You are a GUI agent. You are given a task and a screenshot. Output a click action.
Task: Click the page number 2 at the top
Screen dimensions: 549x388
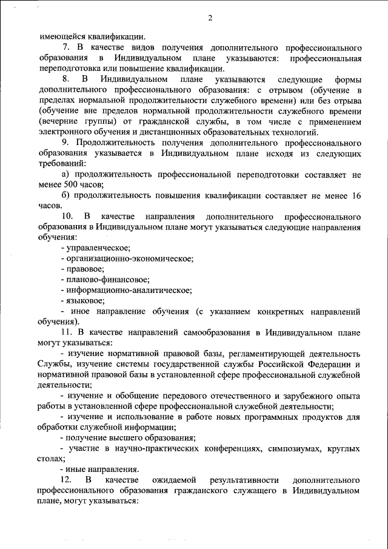click(x=210, y=18)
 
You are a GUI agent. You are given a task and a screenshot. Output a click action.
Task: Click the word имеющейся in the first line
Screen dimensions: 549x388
click(x=64, y=35)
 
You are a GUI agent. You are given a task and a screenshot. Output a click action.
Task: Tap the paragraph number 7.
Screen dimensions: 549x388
click(x=66, y=47)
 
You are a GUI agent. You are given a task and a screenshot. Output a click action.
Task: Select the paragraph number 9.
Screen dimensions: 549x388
click(x=66, y=143)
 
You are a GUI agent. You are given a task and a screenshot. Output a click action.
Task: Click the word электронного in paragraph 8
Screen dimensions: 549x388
click(x=65, y=132)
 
